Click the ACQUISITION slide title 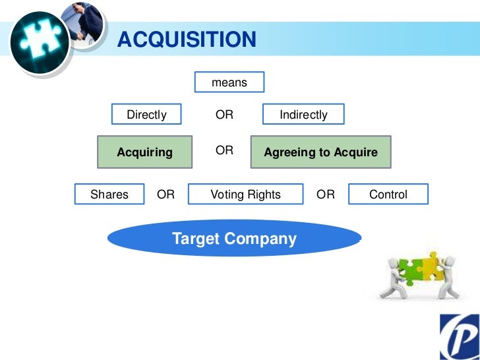point(187,40)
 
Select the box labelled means point(229,82)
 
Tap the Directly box point(146,115)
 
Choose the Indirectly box point(303,115)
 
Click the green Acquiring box point(145,152)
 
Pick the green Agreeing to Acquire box point(320,152)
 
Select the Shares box point(109,195)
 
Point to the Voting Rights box point(245,195)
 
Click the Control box point(388,195)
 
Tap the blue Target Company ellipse point(234,239)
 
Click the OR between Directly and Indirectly point(224,115)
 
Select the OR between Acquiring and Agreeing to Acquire point(224,150)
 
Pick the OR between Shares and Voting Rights point(165,195)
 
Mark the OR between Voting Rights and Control point(326,195)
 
